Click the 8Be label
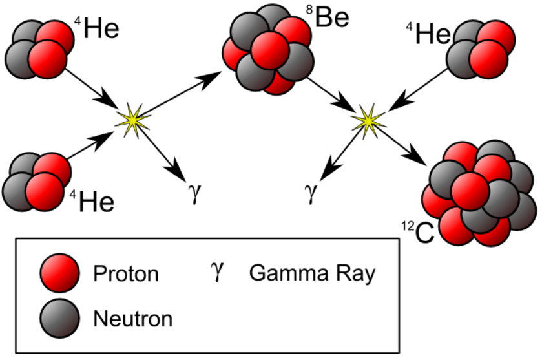tap(328, 16)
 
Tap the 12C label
tap(418, 232)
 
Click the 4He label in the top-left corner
tap(97, 28)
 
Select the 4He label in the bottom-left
tap(92, 201)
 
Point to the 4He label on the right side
tap(428, 33)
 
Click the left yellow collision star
tap(133, 120)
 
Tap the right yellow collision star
tap(368, 120)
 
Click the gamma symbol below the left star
tap(195, 193)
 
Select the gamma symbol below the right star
tap(311, 193)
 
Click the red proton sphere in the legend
tap(60, 273)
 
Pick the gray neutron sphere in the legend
tap(60, 318)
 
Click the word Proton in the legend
tap(126, 274)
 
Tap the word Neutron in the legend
tap(132, 319)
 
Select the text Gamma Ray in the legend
tap(312, 273)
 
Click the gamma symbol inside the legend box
tap(218, 271)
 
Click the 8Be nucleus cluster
tap(268, 50)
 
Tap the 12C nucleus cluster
tap(479, 193)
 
